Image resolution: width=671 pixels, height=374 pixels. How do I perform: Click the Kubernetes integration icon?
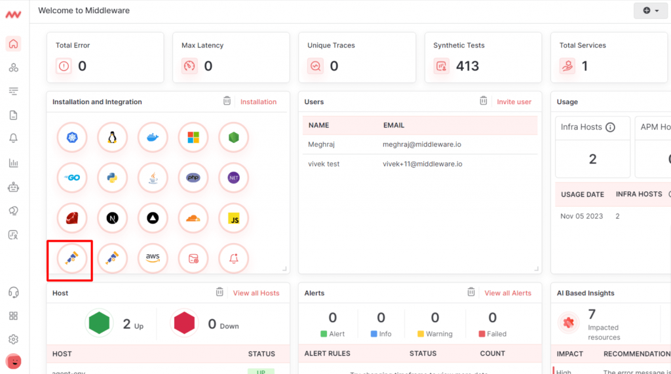(x=72, y=138)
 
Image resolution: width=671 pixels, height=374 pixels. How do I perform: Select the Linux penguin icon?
(x=112, y=138)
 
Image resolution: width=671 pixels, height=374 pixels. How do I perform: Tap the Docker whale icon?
(x=153, y=138)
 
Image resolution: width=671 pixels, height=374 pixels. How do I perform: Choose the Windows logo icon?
(x=193, y=138)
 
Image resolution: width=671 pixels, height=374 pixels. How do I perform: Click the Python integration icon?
(x=112, y=178)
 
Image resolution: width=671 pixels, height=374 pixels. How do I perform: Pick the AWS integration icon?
(x=153, y=258)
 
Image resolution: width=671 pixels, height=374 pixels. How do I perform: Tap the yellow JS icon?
(x=234, y=218)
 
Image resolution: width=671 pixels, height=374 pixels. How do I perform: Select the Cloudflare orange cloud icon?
(x=193, y=218)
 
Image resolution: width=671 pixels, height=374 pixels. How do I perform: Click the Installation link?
(x=258, y=102)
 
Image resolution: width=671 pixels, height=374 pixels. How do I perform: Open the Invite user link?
(x=514, y=102)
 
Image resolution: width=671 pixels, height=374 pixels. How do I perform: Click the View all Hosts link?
(x=256, y=293)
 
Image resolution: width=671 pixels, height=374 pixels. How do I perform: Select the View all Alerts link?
(x=508, y=293)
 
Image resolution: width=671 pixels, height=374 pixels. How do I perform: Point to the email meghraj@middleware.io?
(x=422, y=143)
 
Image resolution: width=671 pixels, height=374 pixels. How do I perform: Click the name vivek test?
(x=324, y=164)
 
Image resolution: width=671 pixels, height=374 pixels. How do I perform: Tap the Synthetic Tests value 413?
(x=467, y=66)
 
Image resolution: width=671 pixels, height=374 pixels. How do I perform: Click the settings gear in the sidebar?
(x=13, y=339)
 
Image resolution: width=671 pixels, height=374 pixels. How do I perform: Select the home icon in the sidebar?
(x=13, y=45)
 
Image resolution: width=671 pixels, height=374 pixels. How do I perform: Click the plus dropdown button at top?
(x=651, y=10)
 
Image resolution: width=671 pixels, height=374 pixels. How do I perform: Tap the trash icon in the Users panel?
(x=483, y=101)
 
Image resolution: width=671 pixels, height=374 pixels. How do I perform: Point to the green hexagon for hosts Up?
(x=99, y=323)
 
